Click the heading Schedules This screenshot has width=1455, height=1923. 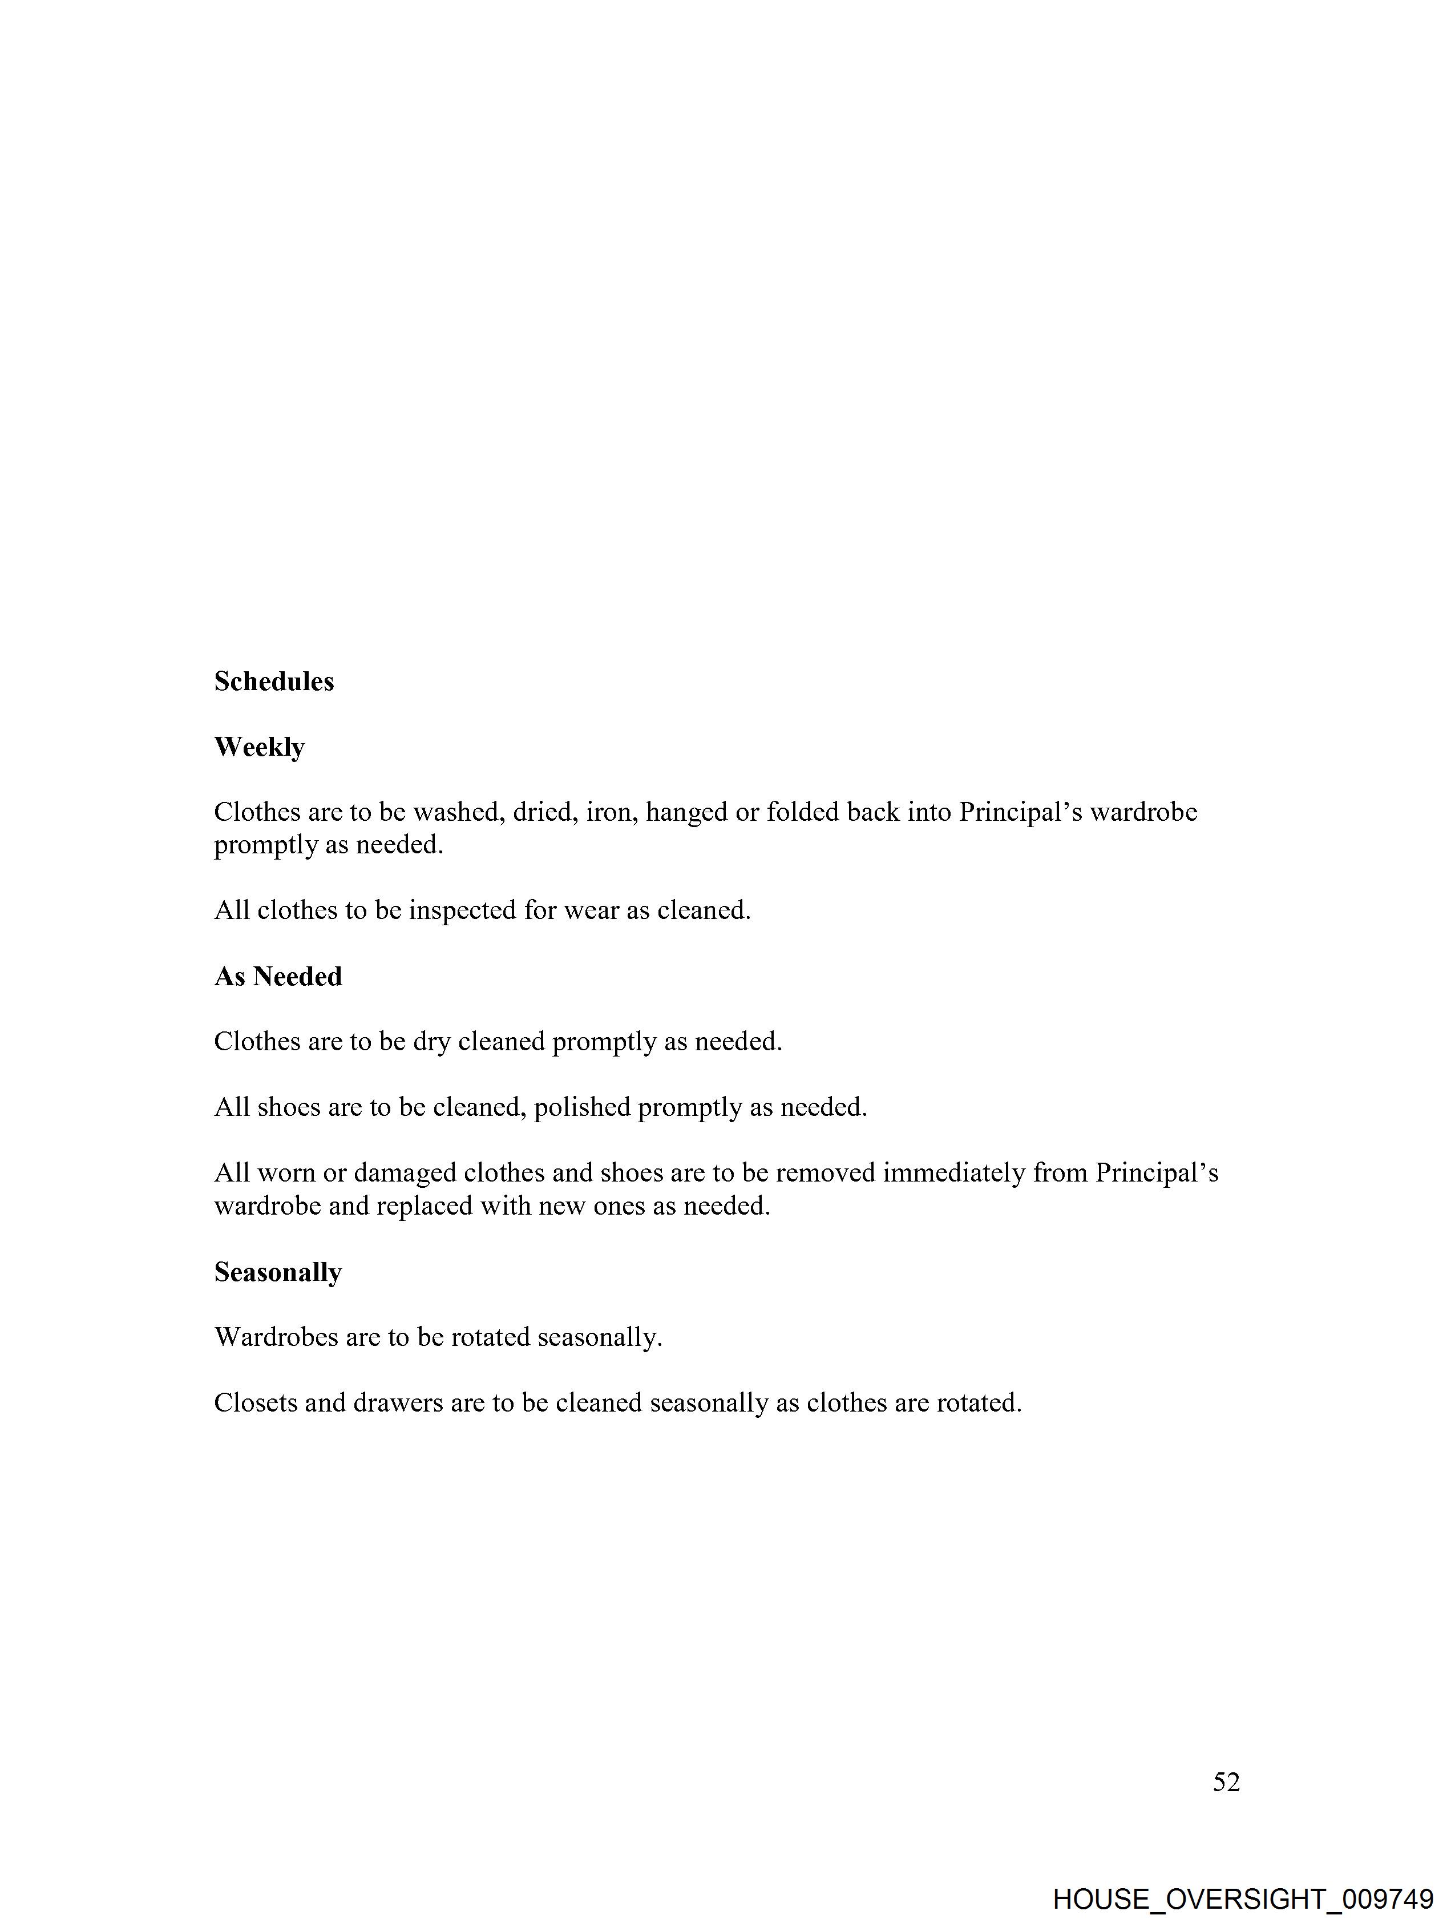click(x=274, y=682)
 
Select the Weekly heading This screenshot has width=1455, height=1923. click(x=259, y=748)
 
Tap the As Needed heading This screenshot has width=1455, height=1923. click(x=278, y=977)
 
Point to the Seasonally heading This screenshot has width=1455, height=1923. click(x=278, y=1273)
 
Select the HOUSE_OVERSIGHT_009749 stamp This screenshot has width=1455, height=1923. click(x=1243, y=1898)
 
